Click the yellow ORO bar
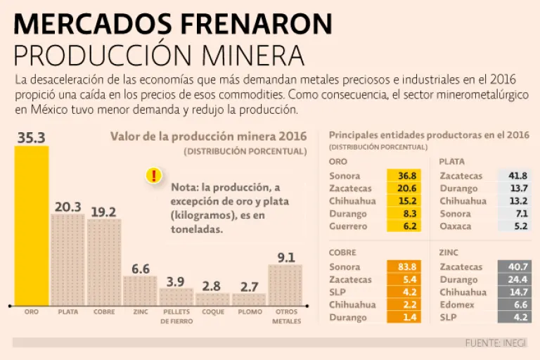coord(32,225)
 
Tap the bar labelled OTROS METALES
coord(285,284)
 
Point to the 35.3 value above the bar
coord(31,137)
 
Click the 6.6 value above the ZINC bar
coord(141,268)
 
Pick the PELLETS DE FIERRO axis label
coord(176,316)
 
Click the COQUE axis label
coord(213,311)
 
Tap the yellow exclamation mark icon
coord(153,176)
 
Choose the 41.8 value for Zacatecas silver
coord(517,176)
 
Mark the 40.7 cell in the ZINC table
coord(517,266)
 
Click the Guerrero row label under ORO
coord(347,226)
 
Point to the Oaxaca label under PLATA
coord(455,226)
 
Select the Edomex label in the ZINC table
coord(456,304)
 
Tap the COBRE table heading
coord(342,252)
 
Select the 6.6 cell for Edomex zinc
coord(517,304)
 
